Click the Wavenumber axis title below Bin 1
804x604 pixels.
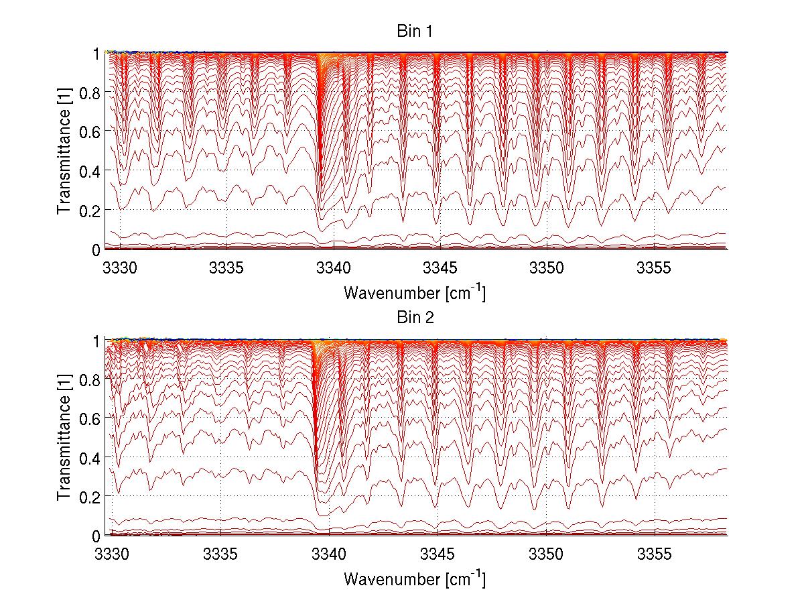click(x=414, y=292)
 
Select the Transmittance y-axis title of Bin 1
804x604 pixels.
click(x=64, y=152)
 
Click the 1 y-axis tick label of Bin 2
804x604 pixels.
click(x=96, y=341)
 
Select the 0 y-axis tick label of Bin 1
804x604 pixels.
click(x=96, y=250)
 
